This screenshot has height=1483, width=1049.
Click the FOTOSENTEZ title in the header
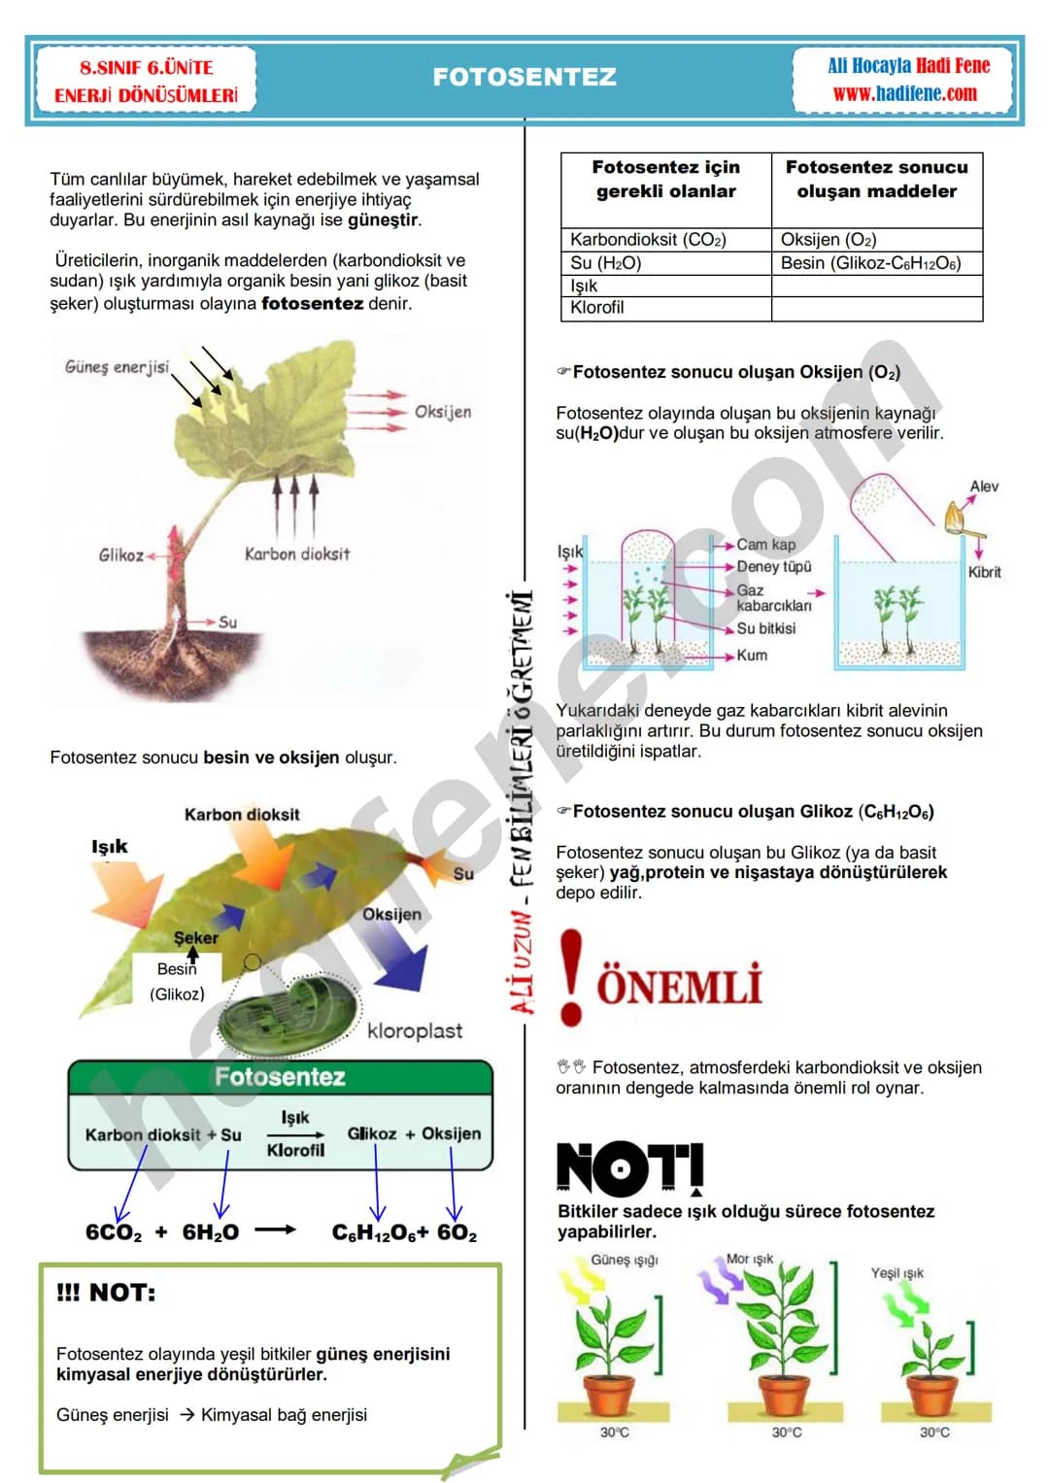tap(524, 77)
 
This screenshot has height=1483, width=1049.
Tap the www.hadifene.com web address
tap(904, 93)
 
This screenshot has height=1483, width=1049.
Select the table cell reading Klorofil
tap(665, 308)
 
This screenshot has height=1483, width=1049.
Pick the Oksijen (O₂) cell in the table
tap(876, 239)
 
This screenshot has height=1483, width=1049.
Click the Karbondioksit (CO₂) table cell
tap(665, 239)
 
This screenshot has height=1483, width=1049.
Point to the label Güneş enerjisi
tap(117, 367)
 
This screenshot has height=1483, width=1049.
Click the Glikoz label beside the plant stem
tap(120, 555)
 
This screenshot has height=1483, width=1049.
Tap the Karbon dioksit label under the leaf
tap(296, 555)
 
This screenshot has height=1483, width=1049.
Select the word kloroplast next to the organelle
tap(415, 1030)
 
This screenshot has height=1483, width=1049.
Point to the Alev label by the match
tap(983, 486)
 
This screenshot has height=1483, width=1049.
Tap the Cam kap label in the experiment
tap(765, 544)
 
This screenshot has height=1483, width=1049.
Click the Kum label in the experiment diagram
tap(752, 655)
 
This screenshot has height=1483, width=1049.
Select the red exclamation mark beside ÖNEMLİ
tap(571, 977)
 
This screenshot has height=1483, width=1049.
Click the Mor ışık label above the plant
tap(749, 1259)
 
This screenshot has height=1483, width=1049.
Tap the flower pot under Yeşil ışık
tap(931, 1397)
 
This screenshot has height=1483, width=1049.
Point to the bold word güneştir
tap(384, 219)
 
